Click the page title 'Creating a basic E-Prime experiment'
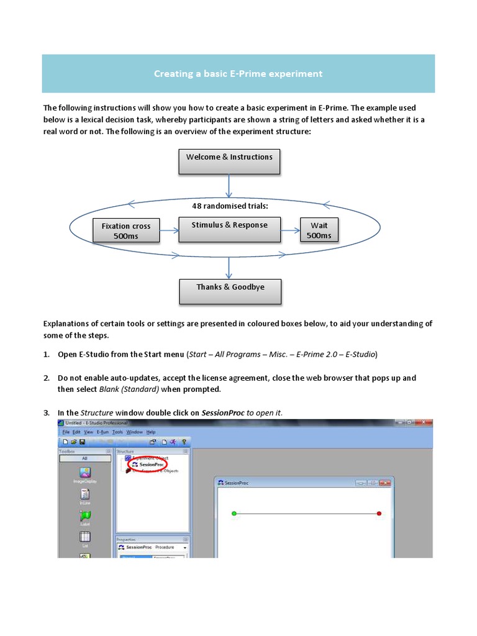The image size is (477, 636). pyautogui.click(x=238, y=74)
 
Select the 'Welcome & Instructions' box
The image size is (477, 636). pyautogui.click(x=229, y=161)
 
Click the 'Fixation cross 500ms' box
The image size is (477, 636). pyautogui.click(x=126, y=231)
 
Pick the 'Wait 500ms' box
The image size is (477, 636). pyautogui.click(x=319, y=230)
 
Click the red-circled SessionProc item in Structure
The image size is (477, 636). pyautogui.click(x=152, y=464)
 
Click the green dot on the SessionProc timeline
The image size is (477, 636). pyautogui.click(x=234, y=514)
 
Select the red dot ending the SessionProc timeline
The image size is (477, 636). pyautogui.click(x=379, y=514)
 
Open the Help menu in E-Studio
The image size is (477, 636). pyautogui.click(x=152, y=432)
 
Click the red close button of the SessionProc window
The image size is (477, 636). pyautogui.click(x=385, y=483)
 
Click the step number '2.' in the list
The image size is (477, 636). pyautogui.click(x=47, y=378)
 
